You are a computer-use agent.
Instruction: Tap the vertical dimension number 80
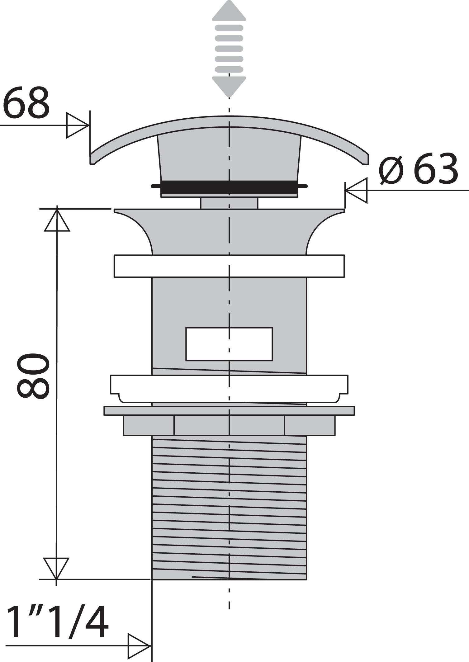[x=33, y=376]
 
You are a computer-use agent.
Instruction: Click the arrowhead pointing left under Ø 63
[x=357, y=190]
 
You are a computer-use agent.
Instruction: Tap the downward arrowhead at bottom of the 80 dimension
[x=56, y=568]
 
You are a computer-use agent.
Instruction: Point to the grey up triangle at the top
[x=229, y=11]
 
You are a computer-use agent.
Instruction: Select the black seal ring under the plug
[x=229, y=186]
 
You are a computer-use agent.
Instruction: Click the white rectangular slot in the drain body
[x=229, y=344]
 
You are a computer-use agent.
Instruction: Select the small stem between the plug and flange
[x=229, y=203]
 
